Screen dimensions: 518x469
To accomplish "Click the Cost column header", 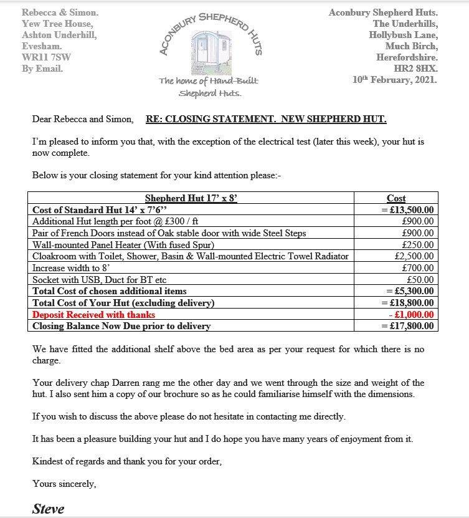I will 396,199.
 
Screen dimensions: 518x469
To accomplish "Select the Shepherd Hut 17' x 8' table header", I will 191,199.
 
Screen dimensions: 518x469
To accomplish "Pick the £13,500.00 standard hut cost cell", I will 408,210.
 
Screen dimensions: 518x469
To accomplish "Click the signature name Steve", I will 48,509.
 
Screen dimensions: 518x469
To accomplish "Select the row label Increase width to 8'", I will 73,268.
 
